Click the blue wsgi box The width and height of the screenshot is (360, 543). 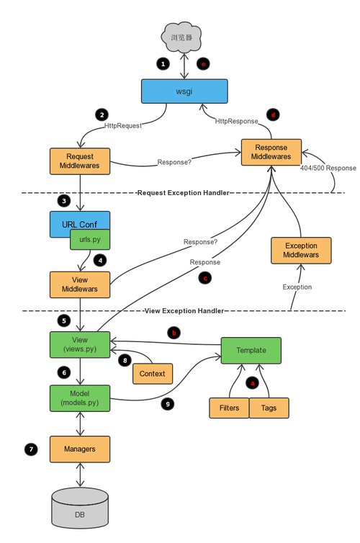[184, 91]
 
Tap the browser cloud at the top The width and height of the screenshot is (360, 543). [181, 37]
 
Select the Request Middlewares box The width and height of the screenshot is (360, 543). [80, 161]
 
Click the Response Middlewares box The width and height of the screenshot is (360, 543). [271, 152]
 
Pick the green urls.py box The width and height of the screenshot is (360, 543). [90, 239]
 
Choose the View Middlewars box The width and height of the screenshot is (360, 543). [80, 284]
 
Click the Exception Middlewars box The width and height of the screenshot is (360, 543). [301, 251]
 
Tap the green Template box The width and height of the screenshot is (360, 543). [251, 351]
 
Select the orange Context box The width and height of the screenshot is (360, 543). [153, 374]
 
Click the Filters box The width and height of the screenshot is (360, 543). [229, 408]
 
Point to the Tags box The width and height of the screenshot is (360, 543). [269, 408]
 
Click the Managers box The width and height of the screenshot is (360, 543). [80, 449]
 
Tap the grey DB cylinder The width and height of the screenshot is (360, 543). [80, 508]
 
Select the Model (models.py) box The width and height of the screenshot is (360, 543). [80, 398]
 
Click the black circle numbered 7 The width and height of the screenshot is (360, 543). [31, 449]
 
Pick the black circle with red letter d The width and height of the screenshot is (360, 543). [273, 115]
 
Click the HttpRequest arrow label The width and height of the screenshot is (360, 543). [123, 126]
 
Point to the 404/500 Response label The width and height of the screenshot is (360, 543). [328, 168]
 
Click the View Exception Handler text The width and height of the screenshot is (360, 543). [184, 310]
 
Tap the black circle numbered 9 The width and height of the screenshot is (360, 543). [168, 404]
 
